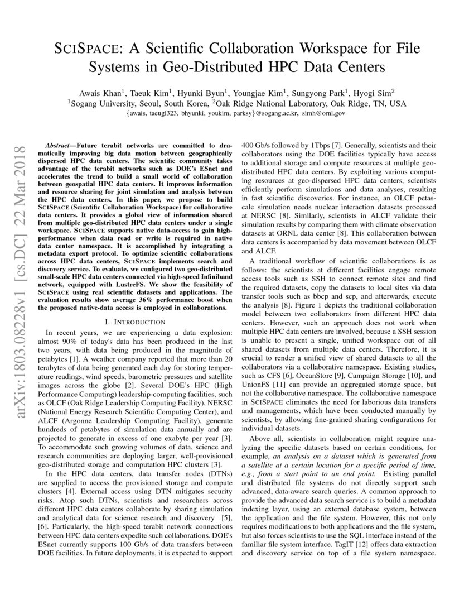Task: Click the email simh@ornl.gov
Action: [323, 113]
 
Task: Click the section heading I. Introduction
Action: [135, 322]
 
